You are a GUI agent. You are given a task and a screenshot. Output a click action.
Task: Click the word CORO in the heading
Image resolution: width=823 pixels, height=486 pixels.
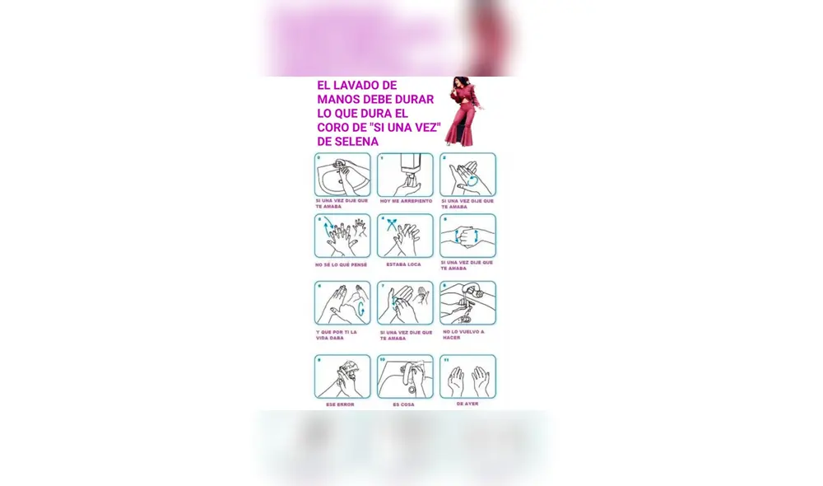coord(336,128)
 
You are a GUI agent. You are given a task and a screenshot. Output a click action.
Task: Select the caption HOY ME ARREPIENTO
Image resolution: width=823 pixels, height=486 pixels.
coord(405,200)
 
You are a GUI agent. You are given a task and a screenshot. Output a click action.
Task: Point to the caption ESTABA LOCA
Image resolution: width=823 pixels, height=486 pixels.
coord(405,264)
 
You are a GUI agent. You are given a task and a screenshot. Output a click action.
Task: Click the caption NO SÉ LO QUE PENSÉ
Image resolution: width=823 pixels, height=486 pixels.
coord(342,264)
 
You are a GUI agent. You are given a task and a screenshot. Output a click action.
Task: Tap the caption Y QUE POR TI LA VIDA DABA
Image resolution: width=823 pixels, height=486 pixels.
coord(337,335)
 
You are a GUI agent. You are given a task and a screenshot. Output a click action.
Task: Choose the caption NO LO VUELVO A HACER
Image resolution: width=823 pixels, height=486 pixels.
coord(463,334)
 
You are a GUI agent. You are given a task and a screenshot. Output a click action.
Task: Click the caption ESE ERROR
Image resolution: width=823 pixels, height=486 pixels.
coord(341,404)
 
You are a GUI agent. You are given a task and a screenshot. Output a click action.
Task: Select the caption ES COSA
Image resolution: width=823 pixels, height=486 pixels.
coord(404,404)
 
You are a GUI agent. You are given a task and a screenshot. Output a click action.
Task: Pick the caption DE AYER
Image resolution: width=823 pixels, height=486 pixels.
coord(467,404)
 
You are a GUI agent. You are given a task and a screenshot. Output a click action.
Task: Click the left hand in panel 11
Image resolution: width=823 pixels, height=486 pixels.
coord(456,381)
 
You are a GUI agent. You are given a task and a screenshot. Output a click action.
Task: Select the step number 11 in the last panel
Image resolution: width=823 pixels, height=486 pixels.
coord(445,359)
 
